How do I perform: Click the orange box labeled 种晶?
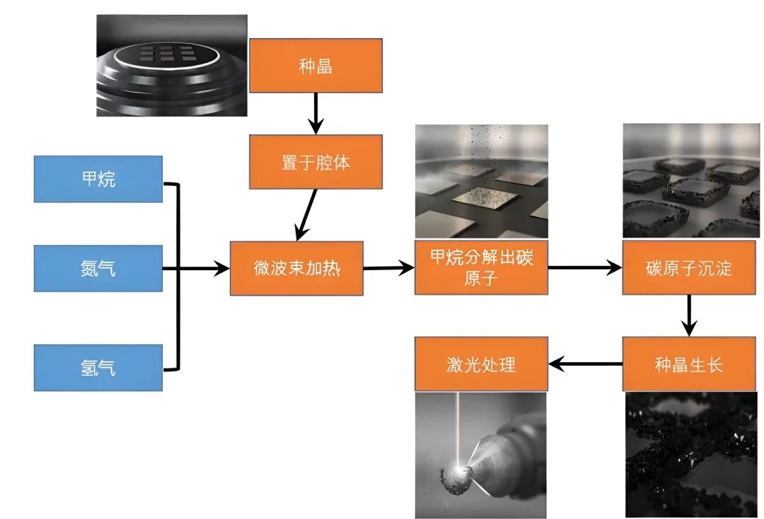pos(316,66)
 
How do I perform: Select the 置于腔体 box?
pos(316,162)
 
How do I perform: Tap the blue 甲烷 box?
pos(98,179)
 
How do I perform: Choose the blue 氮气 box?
pos(98,269)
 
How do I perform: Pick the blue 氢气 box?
pos(98,368)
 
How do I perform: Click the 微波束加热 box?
pos(296,269)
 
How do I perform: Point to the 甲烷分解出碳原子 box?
pos(481,268)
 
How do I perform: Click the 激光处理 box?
pos(481,364)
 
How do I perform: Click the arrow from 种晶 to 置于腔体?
pos(316,113)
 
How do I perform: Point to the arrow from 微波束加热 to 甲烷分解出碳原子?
pos(388,268)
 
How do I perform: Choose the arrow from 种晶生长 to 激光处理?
pos(586,364)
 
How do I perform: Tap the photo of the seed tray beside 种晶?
pos(172,65)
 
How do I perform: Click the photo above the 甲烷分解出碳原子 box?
pos(481,181)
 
